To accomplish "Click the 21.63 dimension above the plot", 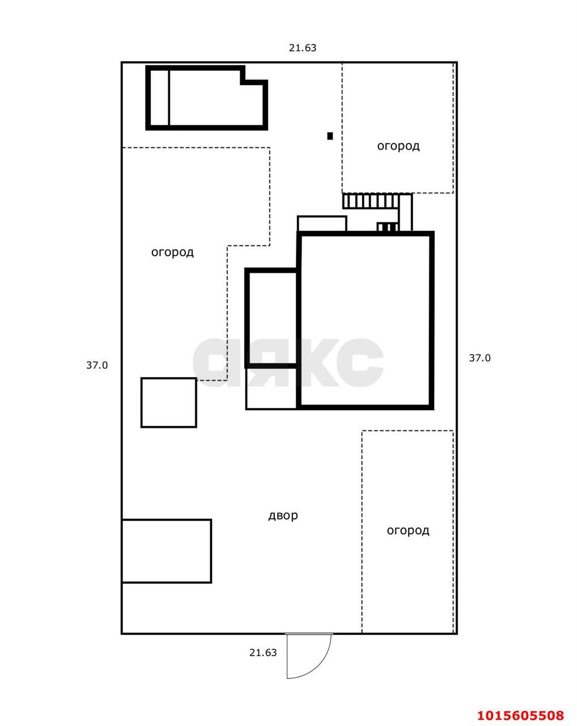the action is [x=303, y=48].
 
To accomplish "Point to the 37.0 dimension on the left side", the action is [x=97, y=365].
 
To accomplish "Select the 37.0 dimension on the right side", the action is [x=480, y=358].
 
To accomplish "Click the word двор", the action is [x=283, y=516].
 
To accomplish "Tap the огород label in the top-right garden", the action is [x=398, y=146].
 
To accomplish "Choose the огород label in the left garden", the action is [x=172, y=252].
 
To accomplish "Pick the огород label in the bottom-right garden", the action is [x=408, y=531].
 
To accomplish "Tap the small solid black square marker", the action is [x=330, y=136].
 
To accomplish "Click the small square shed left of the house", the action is [x=168, y=403].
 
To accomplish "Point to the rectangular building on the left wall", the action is [x=167, y=551].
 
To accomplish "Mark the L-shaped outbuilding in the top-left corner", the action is [x=206, y=98].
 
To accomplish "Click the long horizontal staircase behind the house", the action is [x=371, y=201].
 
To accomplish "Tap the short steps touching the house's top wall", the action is [x=388, y=227].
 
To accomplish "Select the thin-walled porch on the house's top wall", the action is [x=322, y=223].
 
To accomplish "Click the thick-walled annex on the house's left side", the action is [x=271, y=318].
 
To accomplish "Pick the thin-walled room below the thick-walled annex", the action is [x=271, y=389].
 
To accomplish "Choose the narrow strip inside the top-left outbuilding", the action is [x=159, y=98].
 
